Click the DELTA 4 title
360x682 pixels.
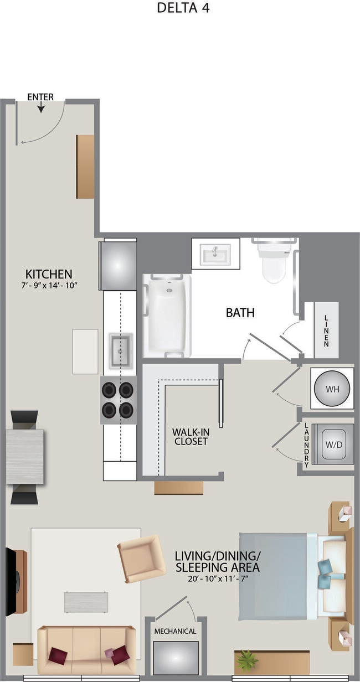pyautogui.click(x=183, y=8)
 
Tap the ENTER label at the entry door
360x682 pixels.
pyautogui.click(x=40, y=97)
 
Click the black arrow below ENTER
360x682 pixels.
pyautogui.click(x=41, y=107)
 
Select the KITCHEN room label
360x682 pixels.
pyautogui.click(x=49, y=274)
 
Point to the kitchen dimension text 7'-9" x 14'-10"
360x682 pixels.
pyautogui.click(x=49, y=286)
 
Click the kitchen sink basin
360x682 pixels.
pyautogui.click(x=121, y=350)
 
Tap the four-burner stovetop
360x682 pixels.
pyautogui.click(x=118, y=400)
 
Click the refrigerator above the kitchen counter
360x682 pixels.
pyautogui.click(x=117, y=265)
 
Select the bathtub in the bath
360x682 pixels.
pyautogui.click(x=167, y=316)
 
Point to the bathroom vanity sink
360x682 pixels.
pyautogui.click(x=215, y=254)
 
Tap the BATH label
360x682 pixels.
pyautogui.click(x=240, y=313)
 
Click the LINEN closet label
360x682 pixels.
pyautogui.click(x=326, y=331)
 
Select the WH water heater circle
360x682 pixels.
pyautogui.click(x=332, y=389)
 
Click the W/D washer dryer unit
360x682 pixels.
pyautogui.click(x=334, y=445)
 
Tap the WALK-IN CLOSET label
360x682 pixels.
pyautogui.click(x=191, y=437)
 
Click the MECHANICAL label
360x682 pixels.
pyautogui.click(x=175, y=631)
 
